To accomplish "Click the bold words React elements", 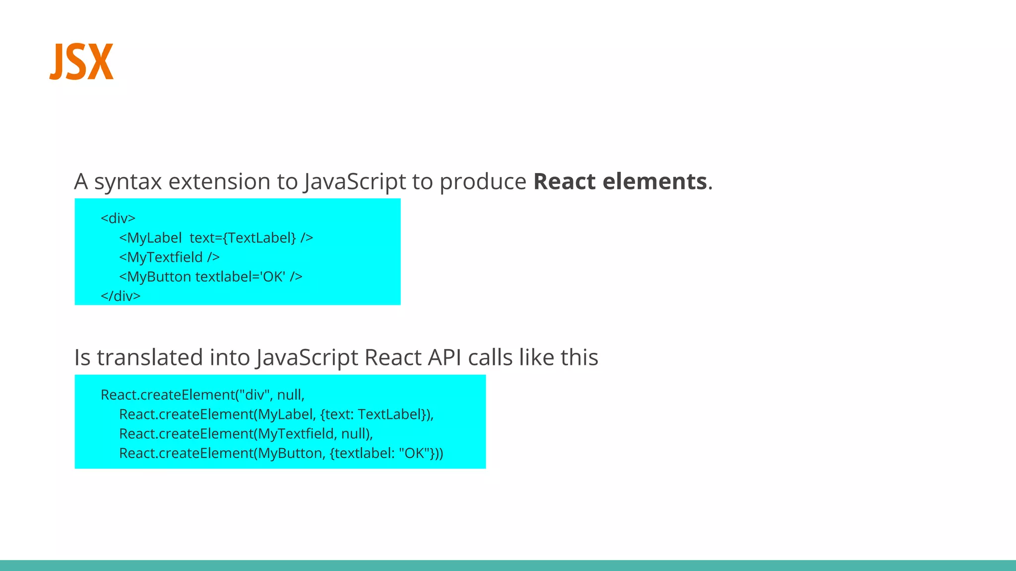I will click(620, 181).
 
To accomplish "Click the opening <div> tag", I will click(118, 218).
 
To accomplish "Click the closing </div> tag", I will click(121, 296).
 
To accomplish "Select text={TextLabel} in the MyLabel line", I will click(243, 238).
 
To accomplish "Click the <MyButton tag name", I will click(155, 277).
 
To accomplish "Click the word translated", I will click(150, 357).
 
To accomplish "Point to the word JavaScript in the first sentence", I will click(355, 182).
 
